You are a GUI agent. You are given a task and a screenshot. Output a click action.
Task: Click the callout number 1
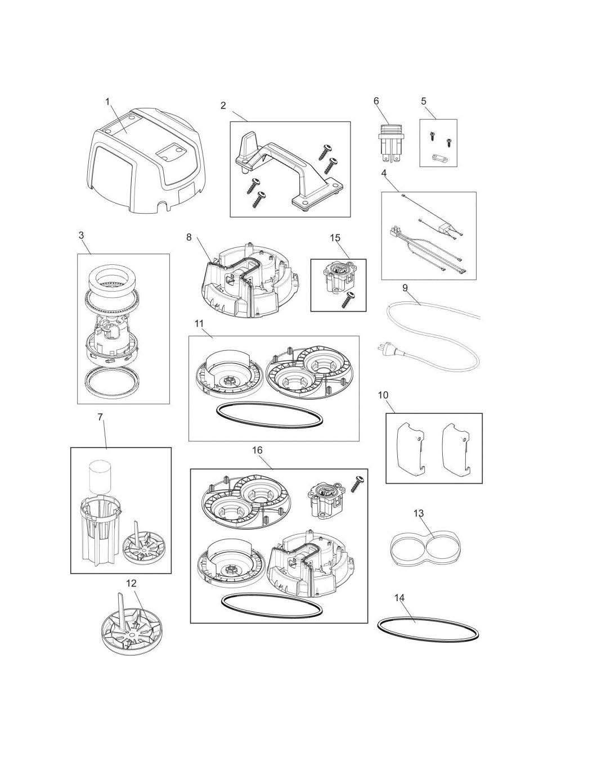click(107, 102)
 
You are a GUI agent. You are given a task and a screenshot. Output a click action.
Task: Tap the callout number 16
click(258, 450)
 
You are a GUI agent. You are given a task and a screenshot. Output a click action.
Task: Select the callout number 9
click(405, 288)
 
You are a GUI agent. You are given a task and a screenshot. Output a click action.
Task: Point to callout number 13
click(419, 513)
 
